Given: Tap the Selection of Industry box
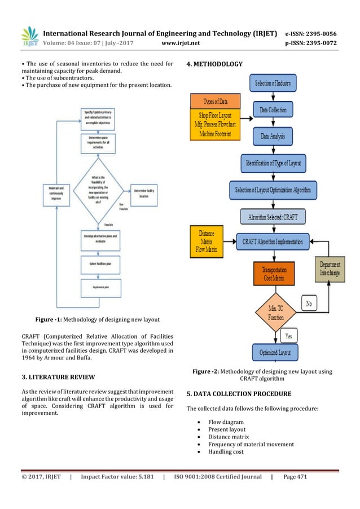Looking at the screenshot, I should pos(273,84).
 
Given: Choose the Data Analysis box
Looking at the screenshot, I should pos(273,136).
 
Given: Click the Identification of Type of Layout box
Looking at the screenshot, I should pos(273,163).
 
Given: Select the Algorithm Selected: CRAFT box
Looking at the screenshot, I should pos(273,216).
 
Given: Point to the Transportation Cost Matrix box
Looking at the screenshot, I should pos(273,274).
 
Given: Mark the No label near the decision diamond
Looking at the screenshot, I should pos(308,304).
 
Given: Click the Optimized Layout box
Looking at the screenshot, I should pos(273,352).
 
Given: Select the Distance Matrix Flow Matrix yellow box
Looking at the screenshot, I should pos(207,239).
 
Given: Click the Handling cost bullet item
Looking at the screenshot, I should pos(226,452).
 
